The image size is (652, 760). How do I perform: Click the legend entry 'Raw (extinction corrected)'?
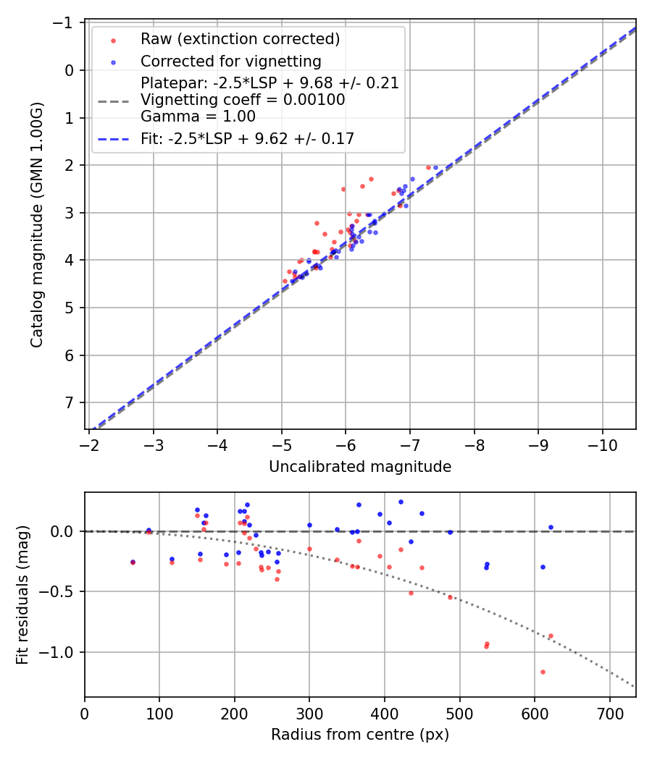240,38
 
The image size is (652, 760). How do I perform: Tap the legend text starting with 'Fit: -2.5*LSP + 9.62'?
247,139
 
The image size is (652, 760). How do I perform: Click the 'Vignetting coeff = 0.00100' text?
243,100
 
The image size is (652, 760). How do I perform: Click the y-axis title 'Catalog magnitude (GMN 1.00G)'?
36,225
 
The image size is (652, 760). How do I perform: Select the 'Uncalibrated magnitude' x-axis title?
360,467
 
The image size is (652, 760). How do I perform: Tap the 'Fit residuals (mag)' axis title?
22,594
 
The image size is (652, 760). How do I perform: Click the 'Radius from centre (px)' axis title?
360,735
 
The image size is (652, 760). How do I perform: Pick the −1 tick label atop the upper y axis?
67,23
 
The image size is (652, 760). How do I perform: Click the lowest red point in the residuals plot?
543,672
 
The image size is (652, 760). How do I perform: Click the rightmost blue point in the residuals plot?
551,527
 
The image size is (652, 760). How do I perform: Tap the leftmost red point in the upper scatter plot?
285,281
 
